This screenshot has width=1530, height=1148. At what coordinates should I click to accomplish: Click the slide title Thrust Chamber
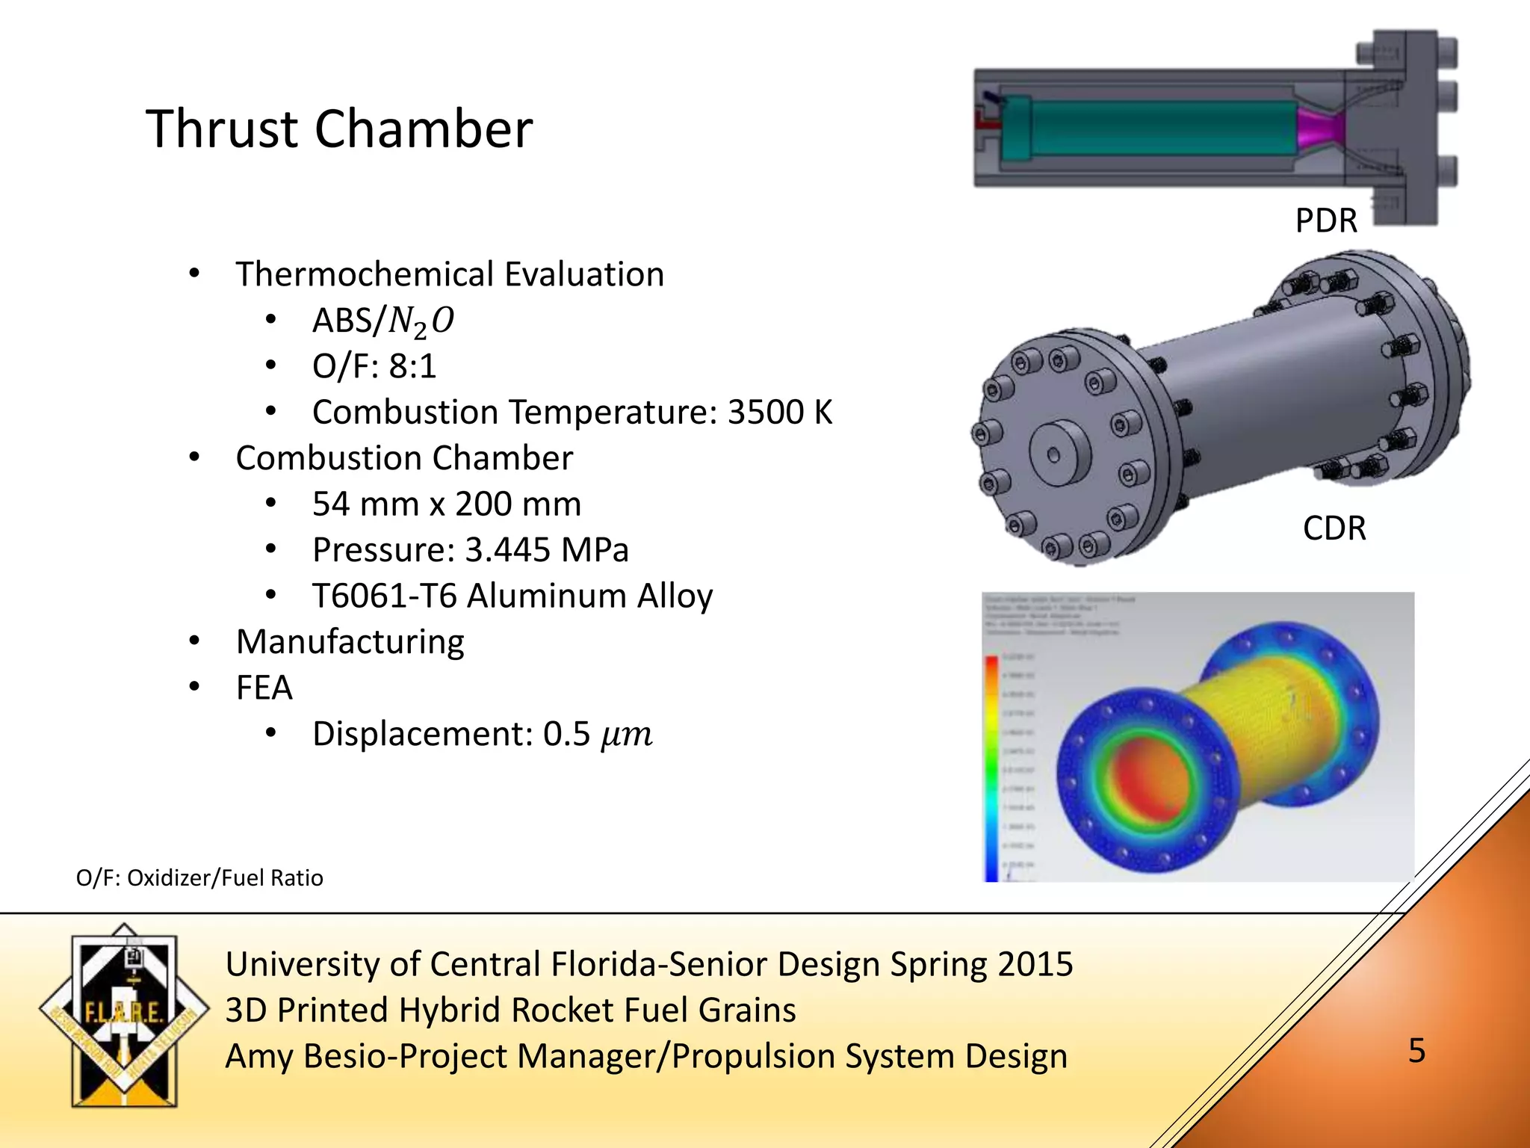click(x=339, y=129)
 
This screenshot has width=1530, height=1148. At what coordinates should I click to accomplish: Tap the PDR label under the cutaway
click(x=1326, y=220)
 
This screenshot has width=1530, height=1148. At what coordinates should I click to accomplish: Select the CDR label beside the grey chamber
click(x=1334, y=528)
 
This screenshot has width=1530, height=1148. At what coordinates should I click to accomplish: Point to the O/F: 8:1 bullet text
click(x=374, y=366)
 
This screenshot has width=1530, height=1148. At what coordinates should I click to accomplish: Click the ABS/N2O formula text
click(x=382, y=321)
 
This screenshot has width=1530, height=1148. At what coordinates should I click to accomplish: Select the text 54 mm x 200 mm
click(x=446, y=504)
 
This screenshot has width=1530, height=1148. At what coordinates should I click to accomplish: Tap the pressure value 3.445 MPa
click(x=546, y=550)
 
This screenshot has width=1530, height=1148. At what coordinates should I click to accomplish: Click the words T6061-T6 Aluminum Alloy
click(x=512, y=596)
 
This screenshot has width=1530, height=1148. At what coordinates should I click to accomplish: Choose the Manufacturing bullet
click(x=350, y=642)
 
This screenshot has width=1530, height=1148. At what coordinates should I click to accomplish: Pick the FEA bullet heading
click(x=264, y=688)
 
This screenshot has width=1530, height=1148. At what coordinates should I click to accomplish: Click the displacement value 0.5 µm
click(x=598, y=734)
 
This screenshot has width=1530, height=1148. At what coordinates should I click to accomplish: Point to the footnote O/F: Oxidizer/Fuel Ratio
click(x=199, y=877)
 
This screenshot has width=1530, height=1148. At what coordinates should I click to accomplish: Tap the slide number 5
click(x=1416, y=1051)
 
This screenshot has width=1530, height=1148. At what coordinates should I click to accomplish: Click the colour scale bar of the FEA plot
click(x=991, y=766)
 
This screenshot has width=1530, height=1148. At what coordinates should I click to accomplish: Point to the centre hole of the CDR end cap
click(x=1054, y=455)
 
